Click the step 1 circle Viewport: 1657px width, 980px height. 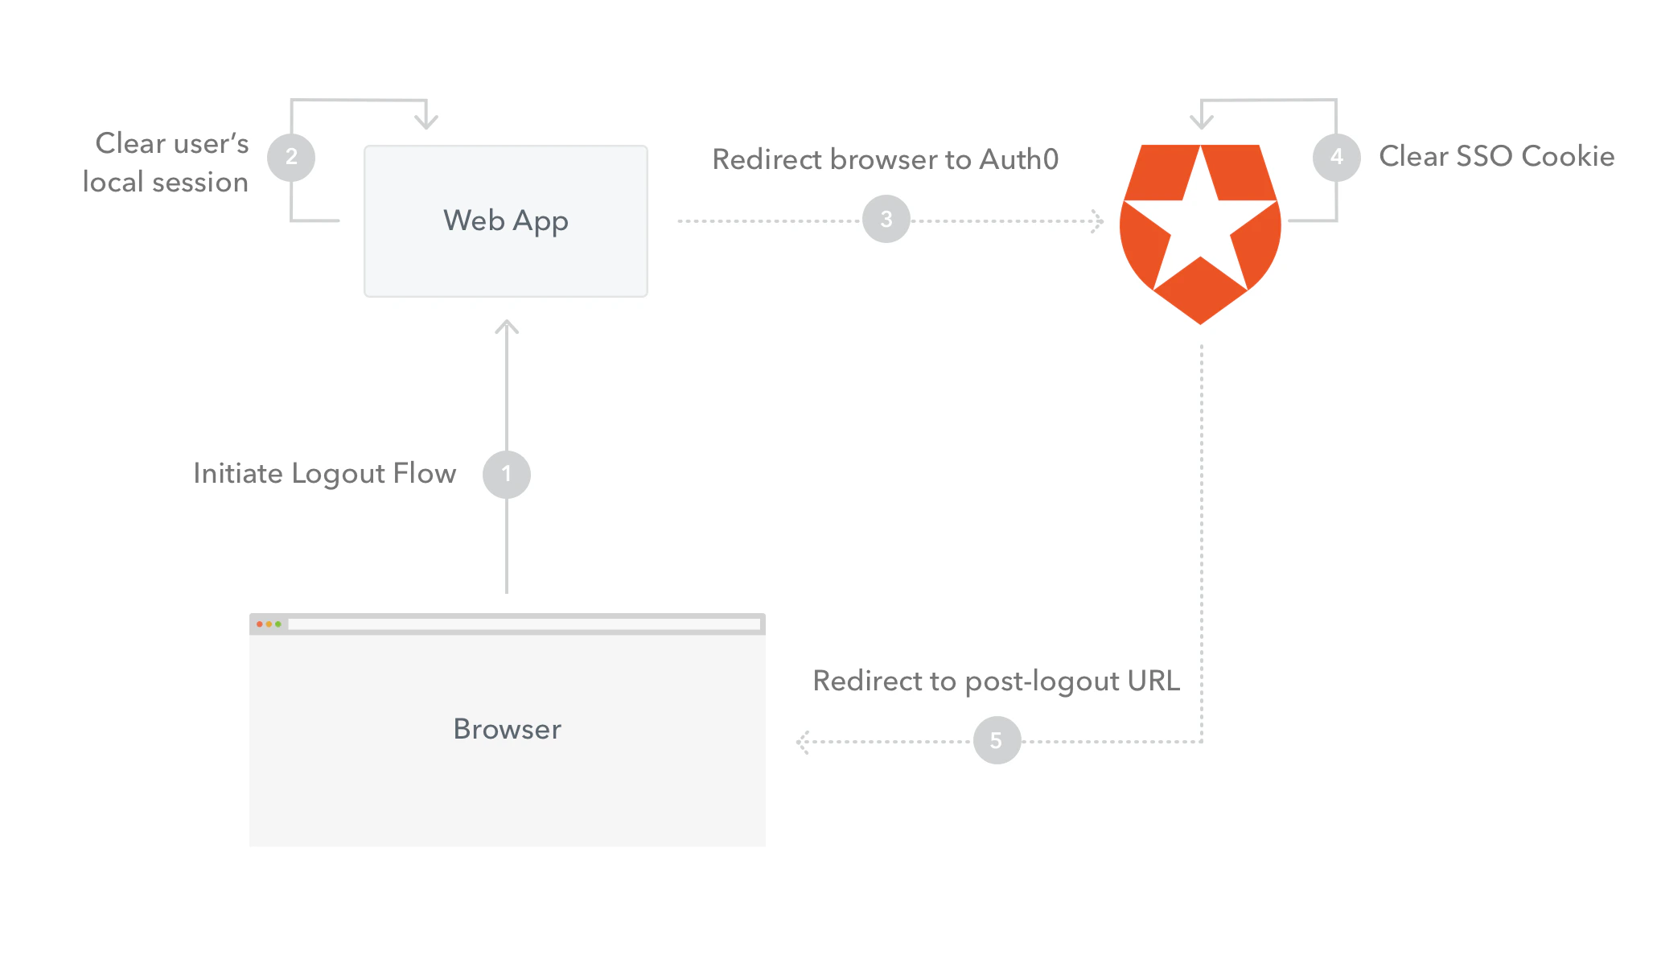click(507, 474)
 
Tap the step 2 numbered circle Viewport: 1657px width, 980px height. click(291, 157)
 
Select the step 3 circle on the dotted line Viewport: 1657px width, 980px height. click(886, 219)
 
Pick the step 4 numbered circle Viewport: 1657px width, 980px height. click(1337, 157)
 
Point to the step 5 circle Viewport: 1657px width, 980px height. click(997, 740)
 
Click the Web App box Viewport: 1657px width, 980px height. click(506, 221)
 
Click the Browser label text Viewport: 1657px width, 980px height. click(508, 729)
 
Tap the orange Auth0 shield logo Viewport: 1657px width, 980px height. click(1200, 234)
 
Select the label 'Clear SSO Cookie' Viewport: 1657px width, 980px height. click(1497, 156)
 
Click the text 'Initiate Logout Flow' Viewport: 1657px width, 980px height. click(325, 474)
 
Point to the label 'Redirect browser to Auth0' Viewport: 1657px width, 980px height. click(886, 159)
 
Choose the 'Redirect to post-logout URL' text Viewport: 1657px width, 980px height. click(997, 681)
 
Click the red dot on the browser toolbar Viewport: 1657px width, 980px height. click(260, 624)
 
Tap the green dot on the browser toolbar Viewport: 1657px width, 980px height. click(278, 624)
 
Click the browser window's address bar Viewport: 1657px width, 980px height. click(524, 624)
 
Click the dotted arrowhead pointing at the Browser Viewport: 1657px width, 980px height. click(802, 742)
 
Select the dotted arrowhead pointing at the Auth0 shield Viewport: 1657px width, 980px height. click(1098, 221)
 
